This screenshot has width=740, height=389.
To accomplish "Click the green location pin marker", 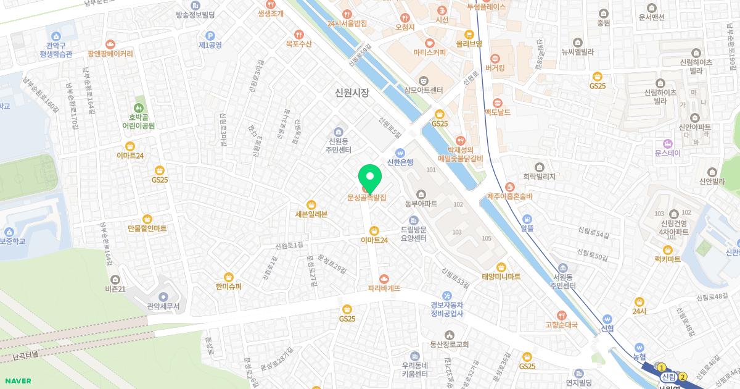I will click(x=370, y=178).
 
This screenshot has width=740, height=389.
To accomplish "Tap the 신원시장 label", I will click(x=351, y=93).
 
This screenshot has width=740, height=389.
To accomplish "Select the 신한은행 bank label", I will click(x=400, y=162).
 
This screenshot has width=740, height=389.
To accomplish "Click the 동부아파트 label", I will click(x=421, y=203).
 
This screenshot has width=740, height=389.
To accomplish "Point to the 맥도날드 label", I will click(x=498, y=112).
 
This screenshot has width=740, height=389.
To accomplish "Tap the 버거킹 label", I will click(x=495, y=68).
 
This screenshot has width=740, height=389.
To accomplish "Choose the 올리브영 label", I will click(x=469, y=44).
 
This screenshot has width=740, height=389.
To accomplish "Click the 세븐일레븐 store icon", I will click(x=311, y=204).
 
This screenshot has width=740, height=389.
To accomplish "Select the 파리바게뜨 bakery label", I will click(x=384, y=288).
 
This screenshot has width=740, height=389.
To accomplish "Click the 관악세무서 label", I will click(x=163, y=306).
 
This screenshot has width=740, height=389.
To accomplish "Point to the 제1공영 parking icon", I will click(x=210, y=36).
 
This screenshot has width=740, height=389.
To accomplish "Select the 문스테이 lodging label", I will click(x=668, y=153).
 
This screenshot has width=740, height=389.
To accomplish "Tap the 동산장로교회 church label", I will click(x=450, y=345).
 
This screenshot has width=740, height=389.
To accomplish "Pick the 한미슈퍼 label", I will click(x=229, y=287).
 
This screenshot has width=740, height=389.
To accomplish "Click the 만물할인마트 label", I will click(x=147, y=228).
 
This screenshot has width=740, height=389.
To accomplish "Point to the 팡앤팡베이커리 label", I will click(x=110, y=54).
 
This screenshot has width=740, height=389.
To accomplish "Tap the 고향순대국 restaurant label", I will click(x=561, y=325).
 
